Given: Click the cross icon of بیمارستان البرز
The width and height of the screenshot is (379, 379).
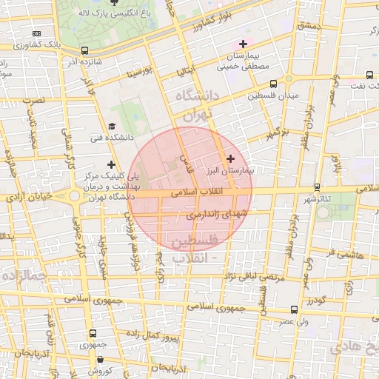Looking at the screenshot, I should [x=230, y=158].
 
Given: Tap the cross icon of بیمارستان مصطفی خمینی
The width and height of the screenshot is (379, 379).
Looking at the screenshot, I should [x=244, y=44].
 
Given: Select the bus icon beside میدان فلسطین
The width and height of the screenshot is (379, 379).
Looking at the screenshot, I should [x=274, y=84].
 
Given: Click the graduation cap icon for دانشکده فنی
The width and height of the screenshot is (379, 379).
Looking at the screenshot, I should [x=112, y=126].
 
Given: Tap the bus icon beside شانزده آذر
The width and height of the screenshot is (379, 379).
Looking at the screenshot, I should [x=85, y=51].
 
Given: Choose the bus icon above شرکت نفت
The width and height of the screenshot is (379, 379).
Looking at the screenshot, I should [x=369, y=74].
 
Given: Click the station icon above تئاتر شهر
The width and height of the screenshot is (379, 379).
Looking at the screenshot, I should [x=318, y=187].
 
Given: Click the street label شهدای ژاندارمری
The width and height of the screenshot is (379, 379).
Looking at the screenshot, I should [x=216, y=213].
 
